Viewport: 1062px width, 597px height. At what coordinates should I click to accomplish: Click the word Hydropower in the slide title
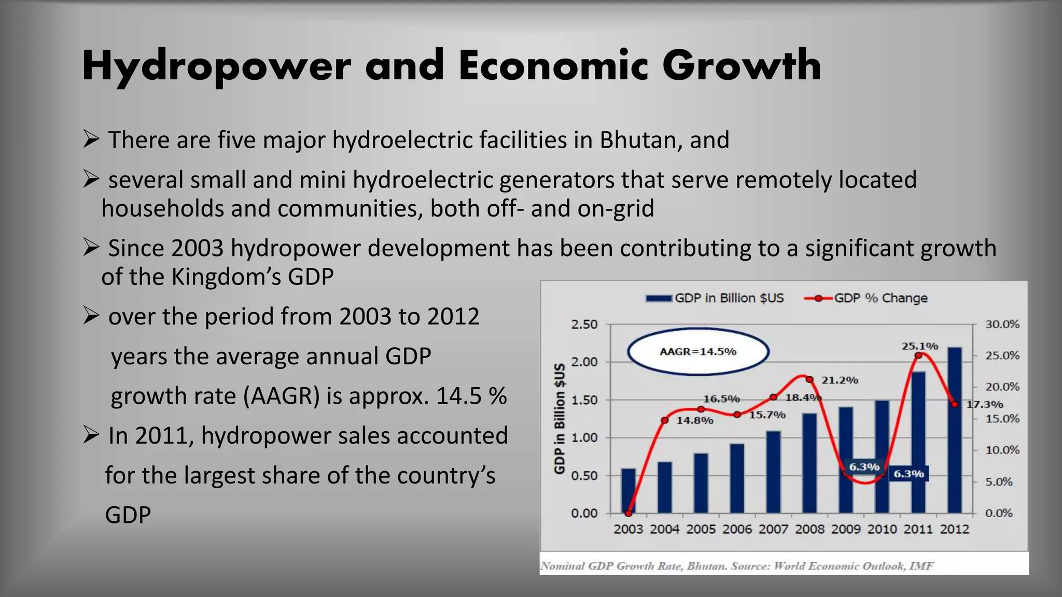pos(216,66)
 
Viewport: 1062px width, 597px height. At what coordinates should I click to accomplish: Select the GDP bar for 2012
pos(955,430)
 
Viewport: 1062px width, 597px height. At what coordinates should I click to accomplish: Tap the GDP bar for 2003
pos(628,490)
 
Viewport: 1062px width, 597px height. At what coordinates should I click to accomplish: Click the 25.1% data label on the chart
pos(919,346)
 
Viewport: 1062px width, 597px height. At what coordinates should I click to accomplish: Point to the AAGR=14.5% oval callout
pos(698,351)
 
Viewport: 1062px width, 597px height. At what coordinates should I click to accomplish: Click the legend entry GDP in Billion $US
pos(716,298)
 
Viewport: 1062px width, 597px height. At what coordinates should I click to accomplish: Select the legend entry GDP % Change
pos(866,298)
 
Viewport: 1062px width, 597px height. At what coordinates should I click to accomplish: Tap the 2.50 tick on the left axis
pos(584,324)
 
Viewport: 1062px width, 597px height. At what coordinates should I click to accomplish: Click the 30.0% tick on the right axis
pos(1002,324)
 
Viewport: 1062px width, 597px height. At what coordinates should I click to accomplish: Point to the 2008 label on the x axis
pos(809,529)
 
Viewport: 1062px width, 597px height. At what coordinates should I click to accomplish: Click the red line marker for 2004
pos(665,420)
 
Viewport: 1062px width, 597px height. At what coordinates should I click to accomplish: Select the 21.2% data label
pos(840,380)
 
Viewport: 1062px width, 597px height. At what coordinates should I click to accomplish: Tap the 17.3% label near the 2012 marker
pos(985,404)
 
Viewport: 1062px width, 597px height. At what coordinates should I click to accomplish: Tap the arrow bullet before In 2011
pos(91,435)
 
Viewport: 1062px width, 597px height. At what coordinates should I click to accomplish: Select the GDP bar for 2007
pos(773,472)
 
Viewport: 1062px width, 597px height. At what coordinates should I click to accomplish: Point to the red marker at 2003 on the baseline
pos(628,513)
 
